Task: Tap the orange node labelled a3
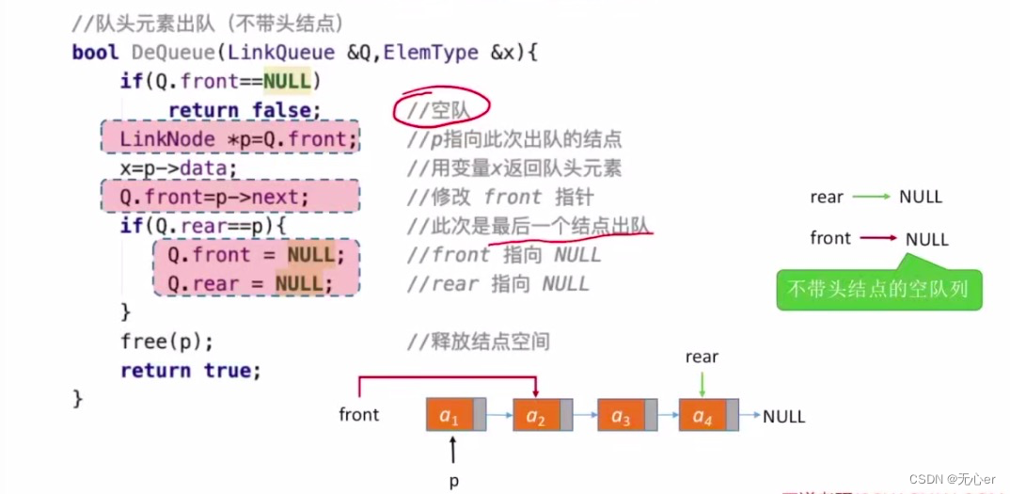pyautogui.click(x=620, y=415)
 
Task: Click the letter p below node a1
pyautogui.click(x=453, y=480)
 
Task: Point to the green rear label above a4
pyautogui.click(x=702, y=358)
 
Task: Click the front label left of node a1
pyautogui.click(x=359, y=415)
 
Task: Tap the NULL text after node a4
pyautogui.click(x=783, y=416)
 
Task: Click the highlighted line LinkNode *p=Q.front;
pyautogui.click(x=232, y=140)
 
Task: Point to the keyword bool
pyautogui.click(x=95, y=54)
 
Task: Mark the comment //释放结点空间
pyautogui.click(x=478, y=342)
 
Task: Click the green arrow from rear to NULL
pyautogui.click(x=871, y=198)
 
